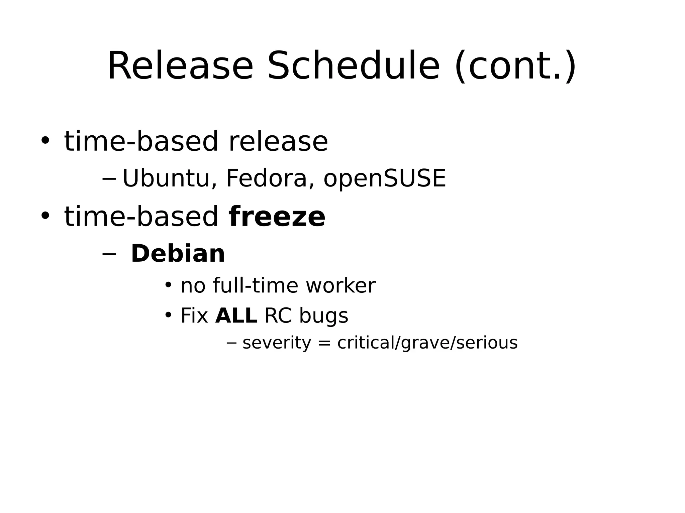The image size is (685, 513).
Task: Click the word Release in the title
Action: [x=180, y=66]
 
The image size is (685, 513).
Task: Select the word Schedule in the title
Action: [x=353, y=66]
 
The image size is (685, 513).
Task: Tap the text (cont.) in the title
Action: [x=515, y=66]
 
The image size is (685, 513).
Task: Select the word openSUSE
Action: [x=385, y=179]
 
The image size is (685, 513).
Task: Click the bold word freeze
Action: [x=277, y=217]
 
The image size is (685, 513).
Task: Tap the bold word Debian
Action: [x=178, y=254]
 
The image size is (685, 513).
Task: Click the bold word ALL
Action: [x=236, y=315]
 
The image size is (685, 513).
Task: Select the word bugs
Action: [x=323, y=316]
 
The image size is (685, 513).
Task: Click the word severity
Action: [x=277, y=343]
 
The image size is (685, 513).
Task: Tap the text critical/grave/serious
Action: [x=427, y=343]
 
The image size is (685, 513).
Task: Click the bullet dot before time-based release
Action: [x=45, y=140]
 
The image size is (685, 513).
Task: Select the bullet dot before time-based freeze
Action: [x=45, y=216]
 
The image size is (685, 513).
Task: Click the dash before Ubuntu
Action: [x=109, y=179]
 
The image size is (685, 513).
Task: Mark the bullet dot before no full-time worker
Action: [x=168, y=285]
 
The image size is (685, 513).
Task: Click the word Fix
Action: [x=194, y=315]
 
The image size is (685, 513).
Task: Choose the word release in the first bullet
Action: [x=278, y=141]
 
